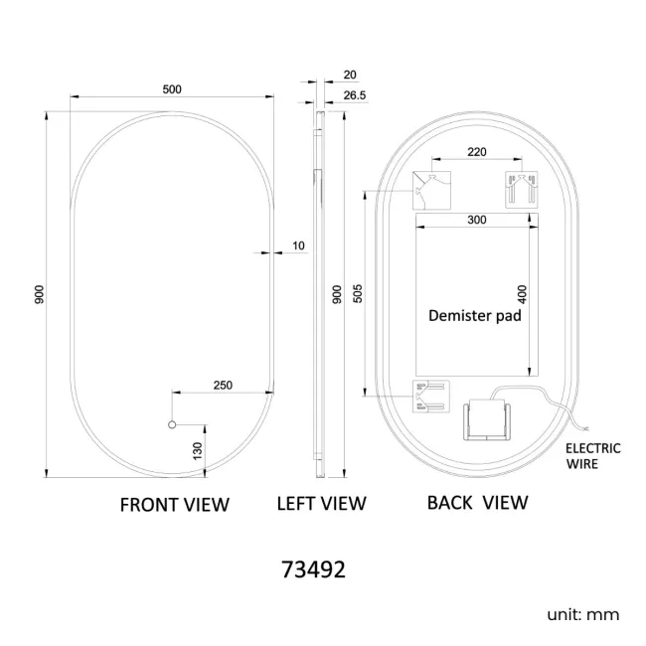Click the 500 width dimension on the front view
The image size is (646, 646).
click(x=172, y=89)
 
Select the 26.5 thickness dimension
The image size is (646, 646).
click(x=355, y=95)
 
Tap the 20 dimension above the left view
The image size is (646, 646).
click(x=350, y=75)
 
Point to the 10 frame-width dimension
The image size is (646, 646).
click(x=298, y=245)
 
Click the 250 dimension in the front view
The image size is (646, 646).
click(x=223, y=386)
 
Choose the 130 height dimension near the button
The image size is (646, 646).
click(x=198, y=451)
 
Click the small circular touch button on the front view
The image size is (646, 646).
click(x=172, y=424)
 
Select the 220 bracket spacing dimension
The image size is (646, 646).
click(x=477, y=152)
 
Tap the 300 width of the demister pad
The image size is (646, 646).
click(x=477, y=220)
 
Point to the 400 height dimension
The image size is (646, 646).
click(x=522, y=294)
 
